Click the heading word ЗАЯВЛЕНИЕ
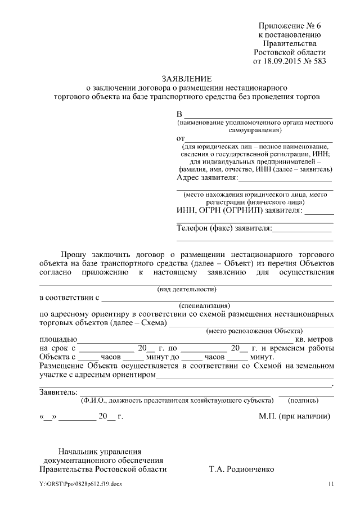pos(187,78)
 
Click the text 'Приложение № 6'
pos(289,26)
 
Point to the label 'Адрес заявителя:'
pos(207,178)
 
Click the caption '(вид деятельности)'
pos(186,289)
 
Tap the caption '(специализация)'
pos(186,305)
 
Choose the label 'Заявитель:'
pos(57,392)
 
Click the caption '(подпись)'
pos(304,400)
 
